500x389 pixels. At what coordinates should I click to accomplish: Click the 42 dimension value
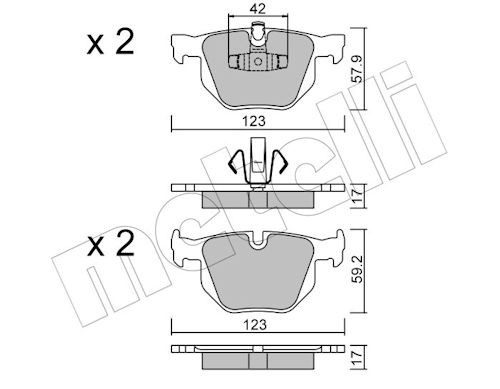coord(258,9)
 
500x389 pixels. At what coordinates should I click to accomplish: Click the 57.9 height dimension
coord(358,69)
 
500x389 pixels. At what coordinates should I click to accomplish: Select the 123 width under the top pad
coord(254,121)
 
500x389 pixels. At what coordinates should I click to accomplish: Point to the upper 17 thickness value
coord(357,196)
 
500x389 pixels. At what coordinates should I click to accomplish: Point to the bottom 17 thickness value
coord(357,357)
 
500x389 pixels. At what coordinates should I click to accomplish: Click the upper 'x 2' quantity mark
coord(110,42)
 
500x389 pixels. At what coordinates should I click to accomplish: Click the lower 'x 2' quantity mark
coord(110,244)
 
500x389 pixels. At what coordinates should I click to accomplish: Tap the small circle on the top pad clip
coord(258,62)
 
